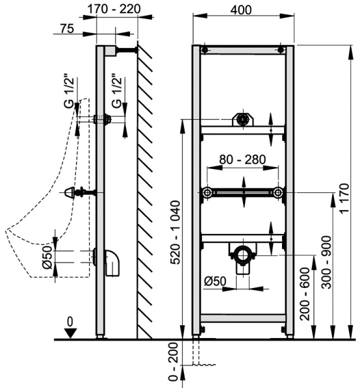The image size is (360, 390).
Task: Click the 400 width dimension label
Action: [240, 10]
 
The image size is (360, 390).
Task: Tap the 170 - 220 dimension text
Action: [114, 10]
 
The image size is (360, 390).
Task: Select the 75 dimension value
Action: [67, 29]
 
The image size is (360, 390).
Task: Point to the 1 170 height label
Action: [344, 198]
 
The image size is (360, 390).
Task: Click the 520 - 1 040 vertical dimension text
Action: [175, 232]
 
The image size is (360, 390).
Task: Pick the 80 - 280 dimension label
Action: [242, 159]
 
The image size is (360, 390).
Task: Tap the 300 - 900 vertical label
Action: [326, 262]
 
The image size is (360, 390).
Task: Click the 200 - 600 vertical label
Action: [305, 294]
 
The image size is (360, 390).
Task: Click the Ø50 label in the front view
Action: [215, 281]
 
